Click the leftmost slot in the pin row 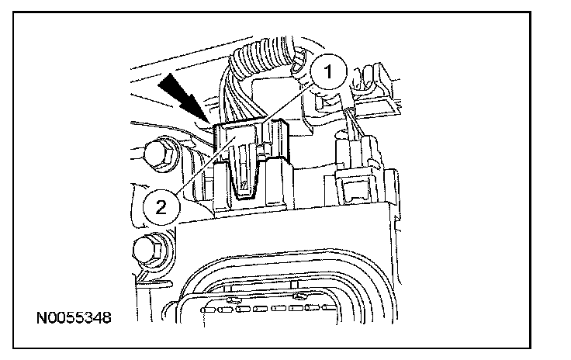[x=205, y=310]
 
